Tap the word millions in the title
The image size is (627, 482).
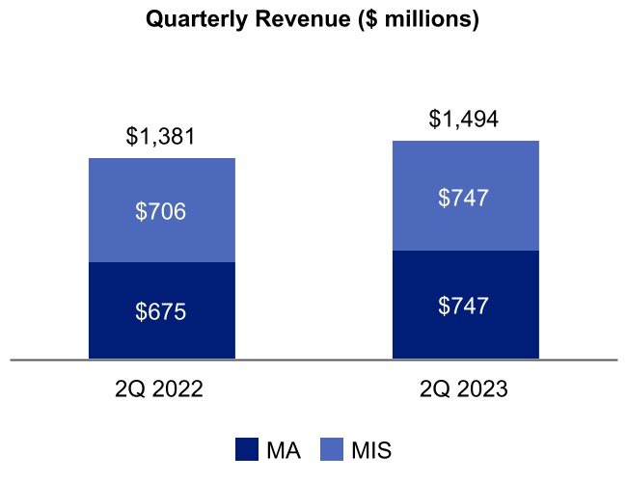click(422, 19)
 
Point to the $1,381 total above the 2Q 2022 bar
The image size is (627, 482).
click(161, 137)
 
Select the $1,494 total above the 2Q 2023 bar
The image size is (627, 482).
click(465, 120)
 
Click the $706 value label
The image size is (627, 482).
click(161, 211)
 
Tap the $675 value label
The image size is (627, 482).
click(161, 311)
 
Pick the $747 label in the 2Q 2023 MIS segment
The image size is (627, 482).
click(465, 198)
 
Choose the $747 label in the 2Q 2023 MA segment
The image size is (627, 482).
click(465, 306)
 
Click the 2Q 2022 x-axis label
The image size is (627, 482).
click(161, 390)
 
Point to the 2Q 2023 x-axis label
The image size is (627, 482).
click(465, 390)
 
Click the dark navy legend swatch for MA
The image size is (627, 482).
click(247, 449)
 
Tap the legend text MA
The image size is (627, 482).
click(282, 449)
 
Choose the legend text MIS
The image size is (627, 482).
click(371, 449)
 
